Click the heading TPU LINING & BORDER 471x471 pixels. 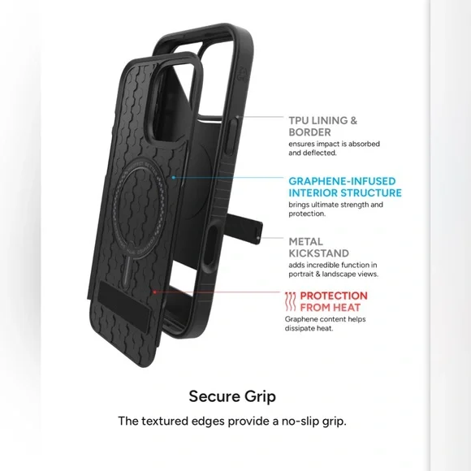point(323,126)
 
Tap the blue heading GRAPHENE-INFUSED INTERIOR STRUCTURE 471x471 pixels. point(345,187)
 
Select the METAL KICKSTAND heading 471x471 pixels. point(318,247)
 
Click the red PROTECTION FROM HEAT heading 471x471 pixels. point(334,301)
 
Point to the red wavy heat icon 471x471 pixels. point(291,301)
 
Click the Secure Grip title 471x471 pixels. point(232,396)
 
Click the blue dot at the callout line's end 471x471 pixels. point(173,178)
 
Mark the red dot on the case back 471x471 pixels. point(154,292)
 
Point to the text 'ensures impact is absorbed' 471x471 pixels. point(334,144)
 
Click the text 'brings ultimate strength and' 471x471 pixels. point(336,205)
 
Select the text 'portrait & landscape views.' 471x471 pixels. point(334,274)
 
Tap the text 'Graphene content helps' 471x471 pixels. point(326,319)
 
